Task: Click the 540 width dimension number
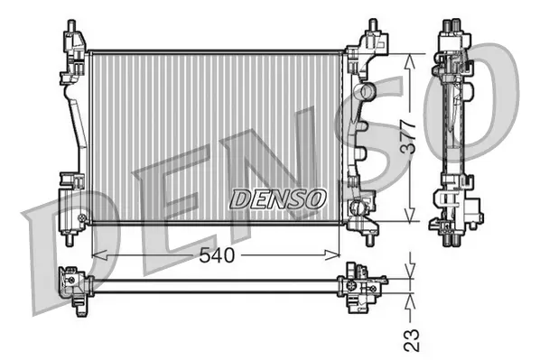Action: [x=217, y=255]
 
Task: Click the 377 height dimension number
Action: [x=410, y=136]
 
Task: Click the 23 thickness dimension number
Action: [x=412, y=340]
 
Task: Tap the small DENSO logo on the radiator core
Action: [x=277, y=198]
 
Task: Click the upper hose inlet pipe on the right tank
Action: [x=367, y=91]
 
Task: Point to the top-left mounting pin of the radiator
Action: [x=71, y=26]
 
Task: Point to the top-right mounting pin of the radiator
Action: [x=374, y=25]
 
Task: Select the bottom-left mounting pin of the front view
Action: [x=70, y=239]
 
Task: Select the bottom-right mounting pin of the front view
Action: [x=370, y=240]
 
